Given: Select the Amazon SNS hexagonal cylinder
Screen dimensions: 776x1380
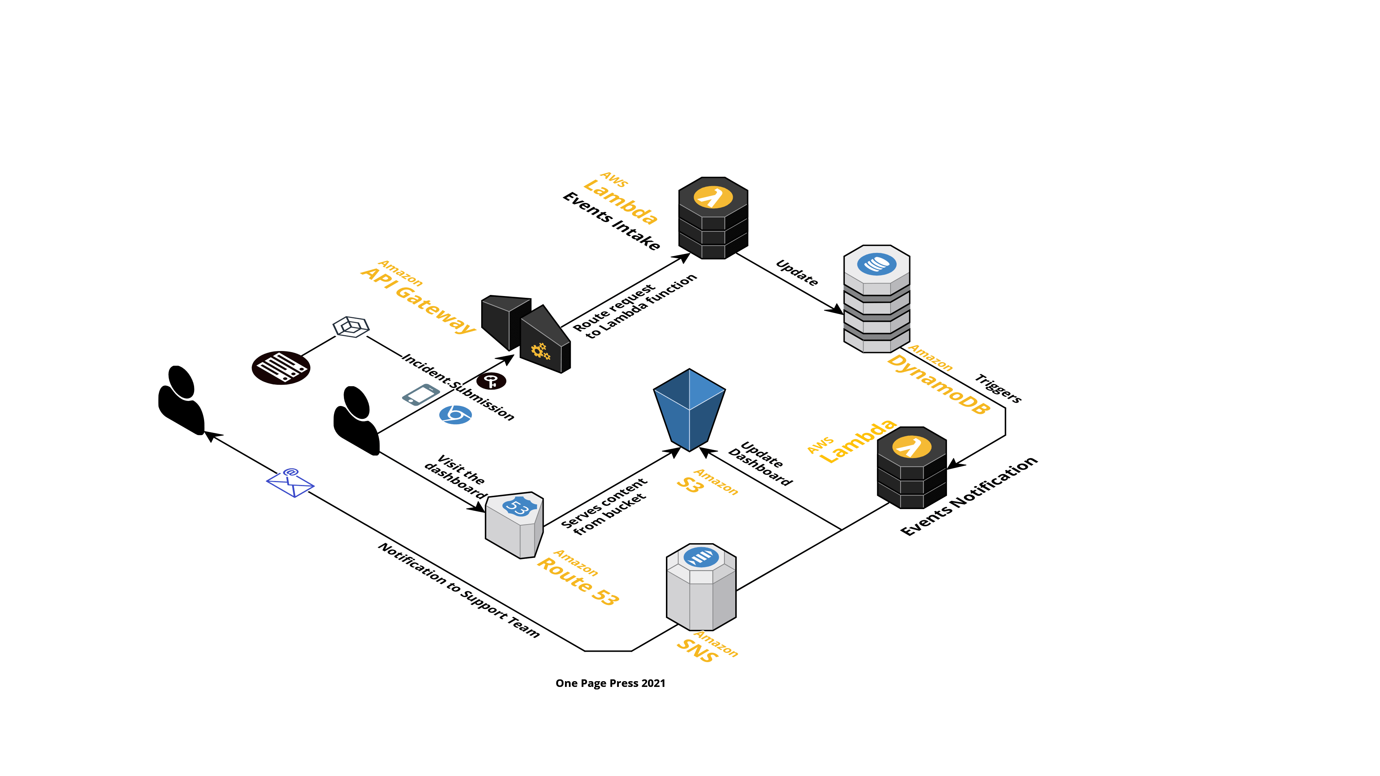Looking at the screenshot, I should click(701, 587).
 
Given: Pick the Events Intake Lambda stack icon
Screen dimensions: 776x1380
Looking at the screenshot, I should click(713, 218).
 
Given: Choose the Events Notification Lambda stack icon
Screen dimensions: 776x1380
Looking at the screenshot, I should click(912, 467).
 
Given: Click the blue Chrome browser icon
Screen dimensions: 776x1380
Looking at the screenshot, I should click(456, 415).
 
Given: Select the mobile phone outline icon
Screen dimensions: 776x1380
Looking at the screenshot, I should click(421, 395).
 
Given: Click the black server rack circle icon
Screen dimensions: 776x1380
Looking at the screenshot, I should click(281, 368).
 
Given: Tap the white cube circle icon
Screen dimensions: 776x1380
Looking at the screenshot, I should click(351, 327).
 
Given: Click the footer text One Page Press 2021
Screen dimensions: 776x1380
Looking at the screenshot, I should click(610, 683).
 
